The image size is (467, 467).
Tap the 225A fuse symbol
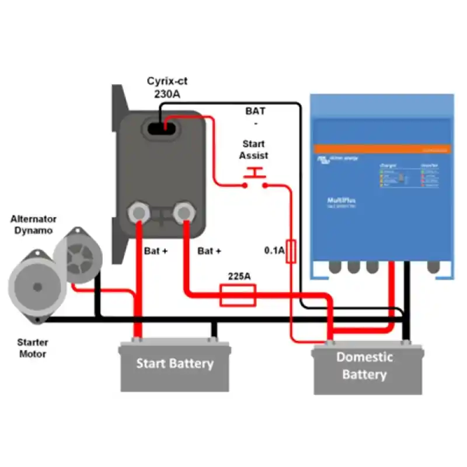pyautogui.click(x=238, y=295)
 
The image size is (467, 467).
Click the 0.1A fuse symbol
pyautogui.click(x=291, y=251)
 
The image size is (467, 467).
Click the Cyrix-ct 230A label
pyautogui.click(x=166, y=87)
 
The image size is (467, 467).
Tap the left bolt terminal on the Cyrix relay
pyautogui.click(x=140, y=211)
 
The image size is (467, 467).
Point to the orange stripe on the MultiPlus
pyautogui.click(x=382, y=149)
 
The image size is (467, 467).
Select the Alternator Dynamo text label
pyautogui.click(x=33, y=225)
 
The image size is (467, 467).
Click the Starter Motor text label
pyautogui.click(x=33, y=348)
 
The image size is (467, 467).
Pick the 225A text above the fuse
pyautogui.click(x=239, y=275)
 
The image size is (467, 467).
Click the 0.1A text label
pyautogui.click(x=273, y=251)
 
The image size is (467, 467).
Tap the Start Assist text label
pyautogui.click(x=254, y=149)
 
